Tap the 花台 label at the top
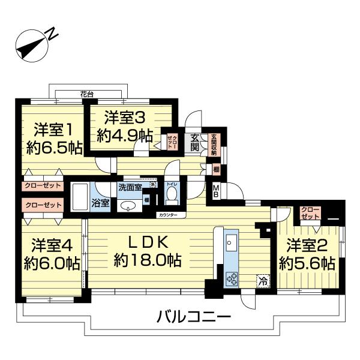click(87, 94)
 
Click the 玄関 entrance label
click(195, 142)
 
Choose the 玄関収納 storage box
click(214, 144)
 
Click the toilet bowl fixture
click(172, 194)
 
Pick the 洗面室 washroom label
click(130, 187)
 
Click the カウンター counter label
click(168, 214)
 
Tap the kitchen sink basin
click(232, 244)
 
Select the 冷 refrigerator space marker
click(262, 280)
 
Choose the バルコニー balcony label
click(194, 315)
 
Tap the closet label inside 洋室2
click(310, 213)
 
